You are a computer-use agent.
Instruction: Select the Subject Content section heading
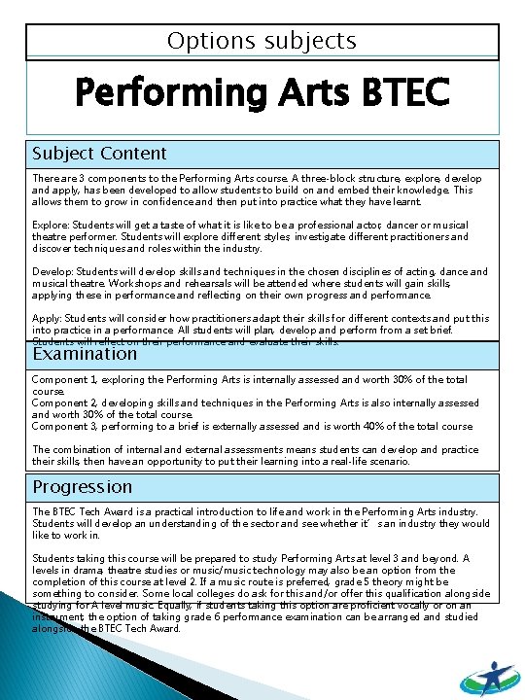99,154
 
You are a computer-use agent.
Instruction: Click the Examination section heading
85,354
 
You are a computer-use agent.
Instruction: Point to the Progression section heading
82,486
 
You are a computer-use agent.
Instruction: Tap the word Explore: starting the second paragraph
51,224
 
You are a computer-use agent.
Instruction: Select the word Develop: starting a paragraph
52,271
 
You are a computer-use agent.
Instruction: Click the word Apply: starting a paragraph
47,318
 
